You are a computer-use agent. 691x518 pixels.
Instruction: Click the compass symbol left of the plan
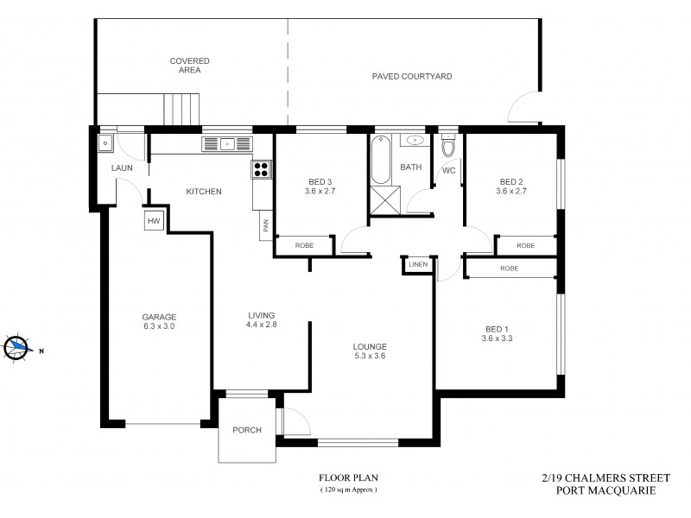[16, 347]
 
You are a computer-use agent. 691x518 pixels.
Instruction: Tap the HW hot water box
[155, 221]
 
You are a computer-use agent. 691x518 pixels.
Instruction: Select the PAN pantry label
[263, 228]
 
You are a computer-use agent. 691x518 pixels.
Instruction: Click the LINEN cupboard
[417, 264]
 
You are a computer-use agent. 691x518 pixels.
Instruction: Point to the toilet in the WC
[447, 149]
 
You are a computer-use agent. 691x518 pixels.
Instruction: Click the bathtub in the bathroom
[379, 160]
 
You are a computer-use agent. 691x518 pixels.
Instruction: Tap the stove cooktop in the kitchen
[261, 169]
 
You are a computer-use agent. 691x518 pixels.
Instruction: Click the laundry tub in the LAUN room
[105, 143]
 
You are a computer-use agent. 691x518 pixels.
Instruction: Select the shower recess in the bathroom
[383, 201]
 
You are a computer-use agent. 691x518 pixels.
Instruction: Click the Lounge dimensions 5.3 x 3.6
[371, 357]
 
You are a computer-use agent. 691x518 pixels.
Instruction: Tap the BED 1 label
[496, 329]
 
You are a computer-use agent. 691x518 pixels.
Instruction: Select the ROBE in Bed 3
[304, 246]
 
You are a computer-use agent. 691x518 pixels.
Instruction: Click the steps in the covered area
[182, 111]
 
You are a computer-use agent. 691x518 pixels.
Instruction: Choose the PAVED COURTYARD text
[412, 77]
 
